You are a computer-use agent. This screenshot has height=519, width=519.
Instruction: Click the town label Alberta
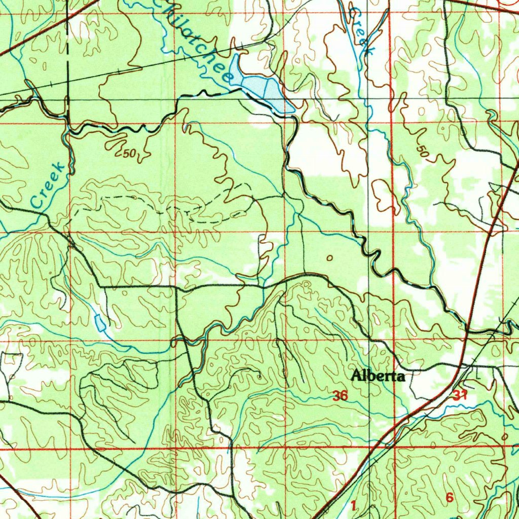[x=379, y=376]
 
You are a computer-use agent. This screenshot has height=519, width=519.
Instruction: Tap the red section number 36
[x=340, y=396]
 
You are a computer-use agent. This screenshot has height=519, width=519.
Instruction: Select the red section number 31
[x=460, y=396]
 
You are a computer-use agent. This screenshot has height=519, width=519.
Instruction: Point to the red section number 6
[x=449, y=498]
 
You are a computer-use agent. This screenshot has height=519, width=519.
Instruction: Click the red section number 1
[x=353, y=505]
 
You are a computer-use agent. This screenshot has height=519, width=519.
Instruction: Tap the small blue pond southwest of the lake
[x=100, y=322]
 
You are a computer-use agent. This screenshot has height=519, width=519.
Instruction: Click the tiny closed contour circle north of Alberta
[x=330, y=258]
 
